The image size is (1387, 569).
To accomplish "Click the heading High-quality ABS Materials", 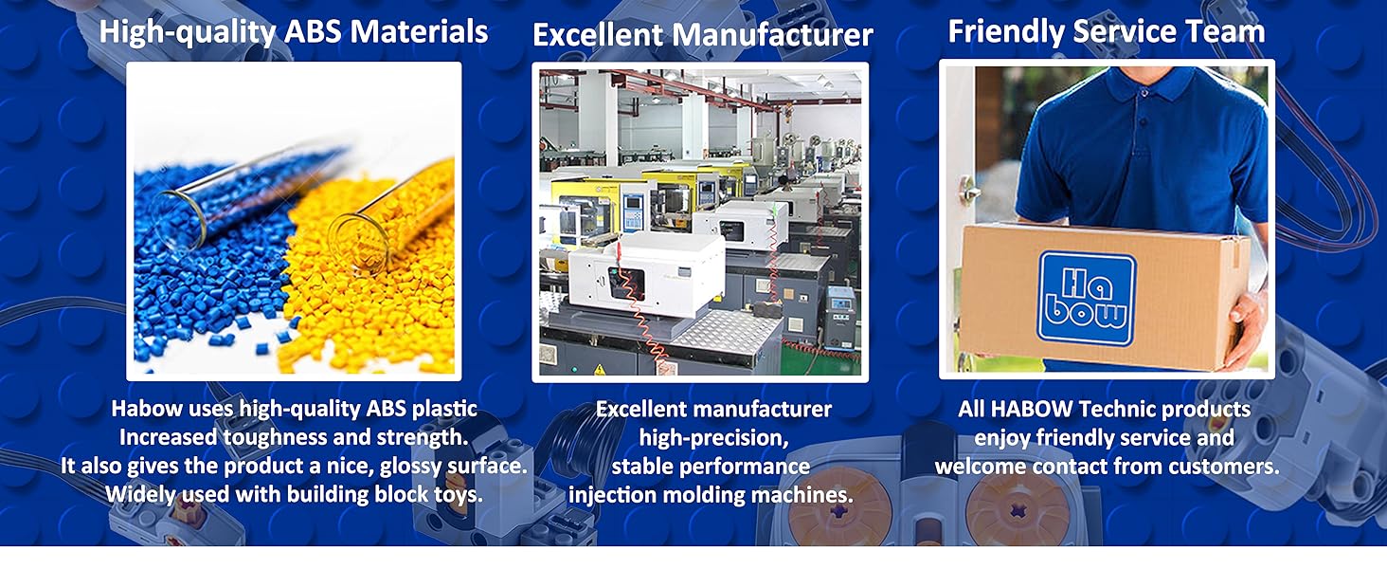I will pos(294,31).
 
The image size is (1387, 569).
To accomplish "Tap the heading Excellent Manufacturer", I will pos(702,36).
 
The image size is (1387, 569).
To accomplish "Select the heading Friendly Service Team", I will pos(1107,31).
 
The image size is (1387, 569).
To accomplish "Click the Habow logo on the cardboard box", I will pos(1086,297).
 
